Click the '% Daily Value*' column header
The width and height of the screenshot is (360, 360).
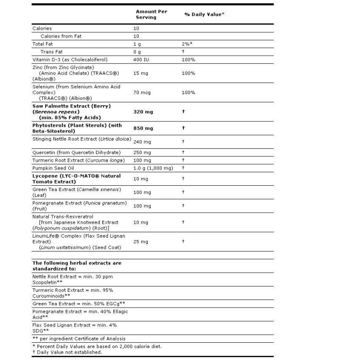(204, 14)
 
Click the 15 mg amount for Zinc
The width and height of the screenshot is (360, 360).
(140, 73)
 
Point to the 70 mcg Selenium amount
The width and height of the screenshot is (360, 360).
(141, 92)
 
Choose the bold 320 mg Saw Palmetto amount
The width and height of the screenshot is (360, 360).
(143, 112)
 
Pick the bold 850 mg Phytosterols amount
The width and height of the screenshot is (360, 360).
(143, 129)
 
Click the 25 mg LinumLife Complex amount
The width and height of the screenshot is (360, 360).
(140, 241)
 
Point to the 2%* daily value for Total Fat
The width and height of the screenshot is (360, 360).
(188, 44)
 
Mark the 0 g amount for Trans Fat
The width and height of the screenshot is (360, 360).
(137, 51)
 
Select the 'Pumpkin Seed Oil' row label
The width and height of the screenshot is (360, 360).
(53, 168)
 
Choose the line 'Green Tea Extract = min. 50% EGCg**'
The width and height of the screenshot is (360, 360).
(79, 304)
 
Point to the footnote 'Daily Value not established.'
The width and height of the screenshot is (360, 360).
(69, 352)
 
